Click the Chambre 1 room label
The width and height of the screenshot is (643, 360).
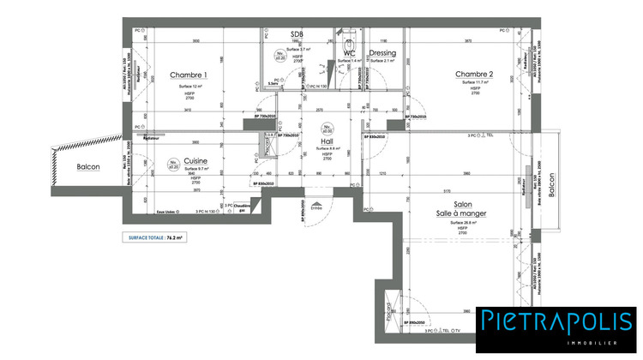pos(189,75)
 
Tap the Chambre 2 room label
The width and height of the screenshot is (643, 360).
pos(474,75)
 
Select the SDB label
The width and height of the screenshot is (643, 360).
pos(297,34)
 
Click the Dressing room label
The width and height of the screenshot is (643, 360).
pos(382,53)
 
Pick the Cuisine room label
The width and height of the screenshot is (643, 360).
pos(195,161)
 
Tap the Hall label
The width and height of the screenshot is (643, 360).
pos(327,141)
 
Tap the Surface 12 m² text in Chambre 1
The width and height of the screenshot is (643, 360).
pos(189,87)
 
